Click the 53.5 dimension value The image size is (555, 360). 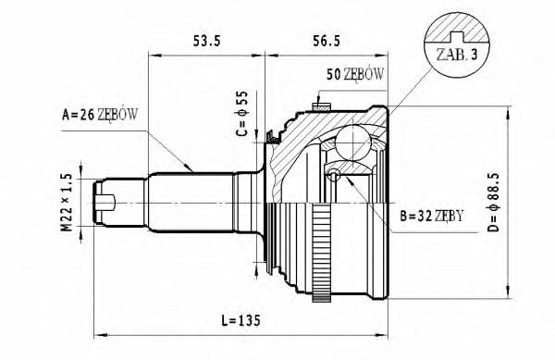(x=205, y=42)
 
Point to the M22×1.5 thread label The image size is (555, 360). (x=68, y=202)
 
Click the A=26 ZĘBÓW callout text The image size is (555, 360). (x=99, y=116)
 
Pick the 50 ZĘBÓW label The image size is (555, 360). (x=356, y=74)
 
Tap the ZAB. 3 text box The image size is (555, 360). (x=454, y=55)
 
